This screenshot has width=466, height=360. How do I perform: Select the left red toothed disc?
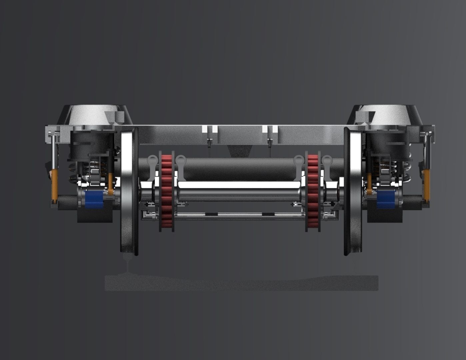166,192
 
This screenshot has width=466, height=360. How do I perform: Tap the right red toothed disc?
313,192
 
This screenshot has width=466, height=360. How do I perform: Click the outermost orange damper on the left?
54,185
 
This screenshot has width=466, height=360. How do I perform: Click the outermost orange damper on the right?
427,185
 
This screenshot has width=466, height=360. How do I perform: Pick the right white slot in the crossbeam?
270,129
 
